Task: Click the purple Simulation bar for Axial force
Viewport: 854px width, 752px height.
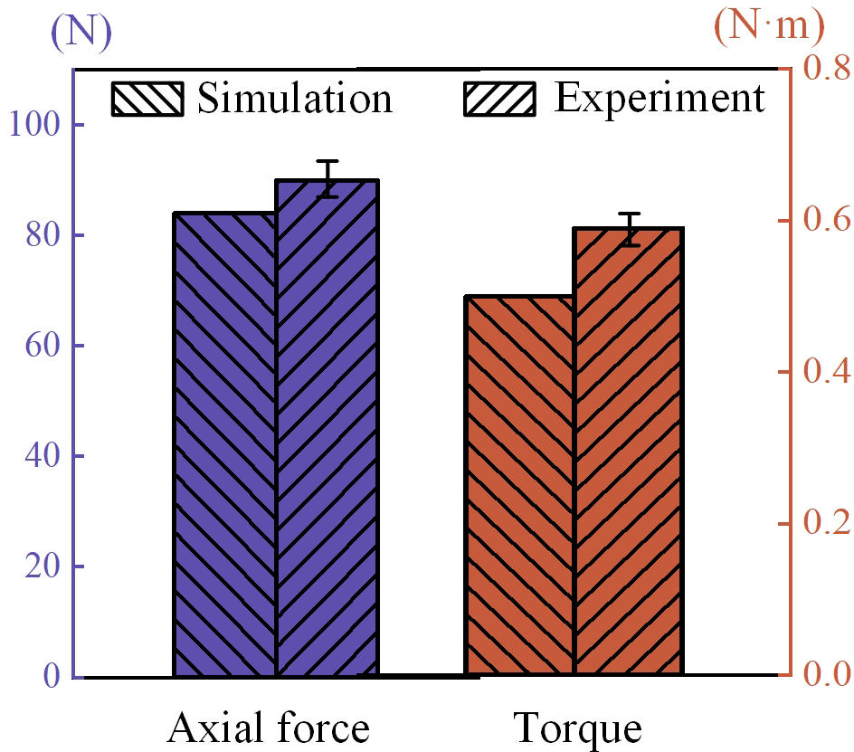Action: coord(225,443)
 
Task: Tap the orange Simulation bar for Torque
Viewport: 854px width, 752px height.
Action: coord(519,485)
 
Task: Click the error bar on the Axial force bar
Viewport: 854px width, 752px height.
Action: coord(327,178)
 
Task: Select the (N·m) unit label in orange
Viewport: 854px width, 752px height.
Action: coord(770,27)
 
